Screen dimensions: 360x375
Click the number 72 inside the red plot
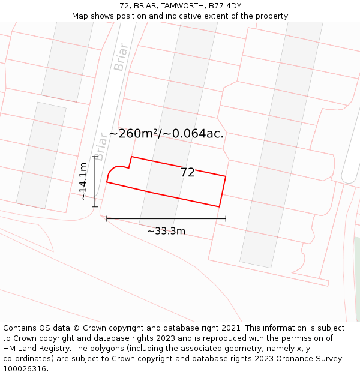(187, 173)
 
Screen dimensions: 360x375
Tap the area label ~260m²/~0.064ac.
(166, 134)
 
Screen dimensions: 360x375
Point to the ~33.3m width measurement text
(166, 231)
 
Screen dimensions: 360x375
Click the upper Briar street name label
(121, 57)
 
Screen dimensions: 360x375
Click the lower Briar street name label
(101, 146)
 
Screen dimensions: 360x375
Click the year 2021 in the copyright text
(230, 328)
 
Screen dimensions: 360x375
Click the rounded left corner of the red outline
(110, 172)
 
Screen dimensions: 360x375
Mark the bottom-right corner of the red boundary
(219, 206)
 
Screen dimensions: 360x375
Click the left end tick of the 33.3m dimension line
(107, 218)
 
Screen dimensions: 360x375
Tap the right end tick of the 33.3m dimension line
(226, 218)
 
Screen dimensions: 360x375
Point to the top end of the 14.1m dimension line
(94, 157)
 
